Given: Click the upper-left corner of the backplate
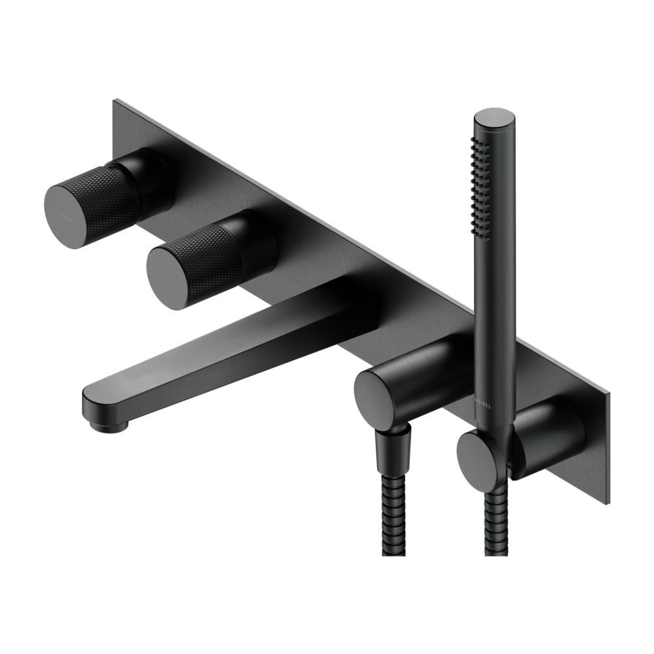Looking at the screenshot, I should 117,101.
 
